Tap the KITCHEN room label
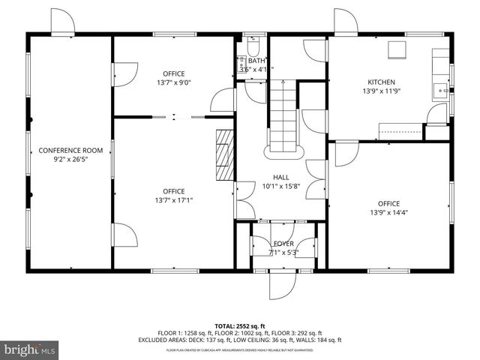pyautogui.click(x=380, y=82)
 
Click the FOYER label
pyautogui.click(x=283, y=244)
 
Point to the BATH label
pyautogui.click(x=256, y=61)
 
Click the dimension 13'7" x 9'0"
pyautogui.click(x=173, y=83)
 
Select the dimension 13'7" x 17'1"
pyautogui.click(x=173, y=200)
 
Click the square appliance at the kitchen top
pyautogui.click(x=396, y=50)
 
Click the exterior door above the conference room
pyautogui.click(x=63, y=22)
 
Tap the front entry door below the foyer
pyautogui.click(x=283, y=286)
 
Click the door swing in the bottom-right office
pyautogui.click(x=346, y=154)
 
